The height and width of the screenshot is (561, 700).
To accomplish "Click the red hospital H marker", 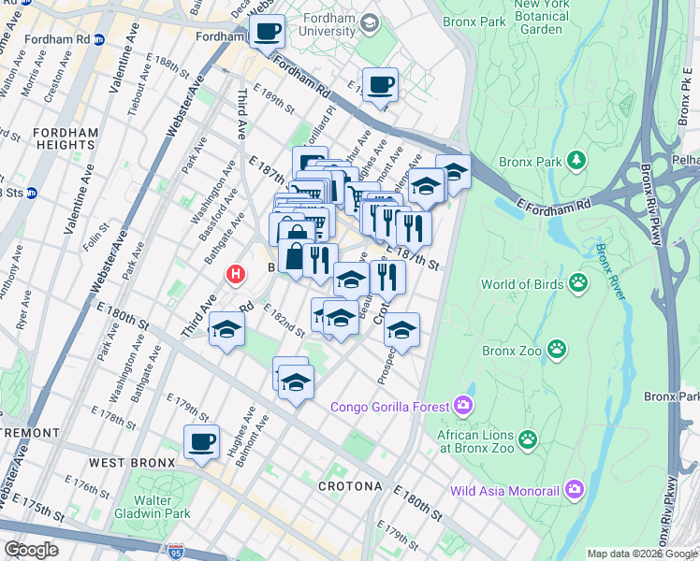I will (236, 275).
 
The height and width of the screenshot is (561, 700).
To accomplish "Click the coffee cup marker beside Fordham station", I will (267, 31).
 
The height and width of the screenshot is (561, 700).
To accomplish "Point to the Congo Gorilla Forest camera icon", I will (462, 405).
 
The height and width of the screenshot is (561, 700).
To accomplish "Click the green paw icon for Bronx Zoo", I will (558, 351).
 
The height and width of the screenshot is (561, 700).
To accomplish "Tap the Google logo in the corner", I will (31, 550).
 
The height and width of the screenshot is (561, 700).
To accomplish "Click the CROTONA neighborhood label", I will (349, 486).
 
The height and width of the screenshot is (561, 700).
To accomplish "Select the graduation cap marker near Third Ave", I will (227, 329).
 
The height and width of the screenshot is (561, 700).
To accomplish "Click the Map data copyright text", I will (642, 554).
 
